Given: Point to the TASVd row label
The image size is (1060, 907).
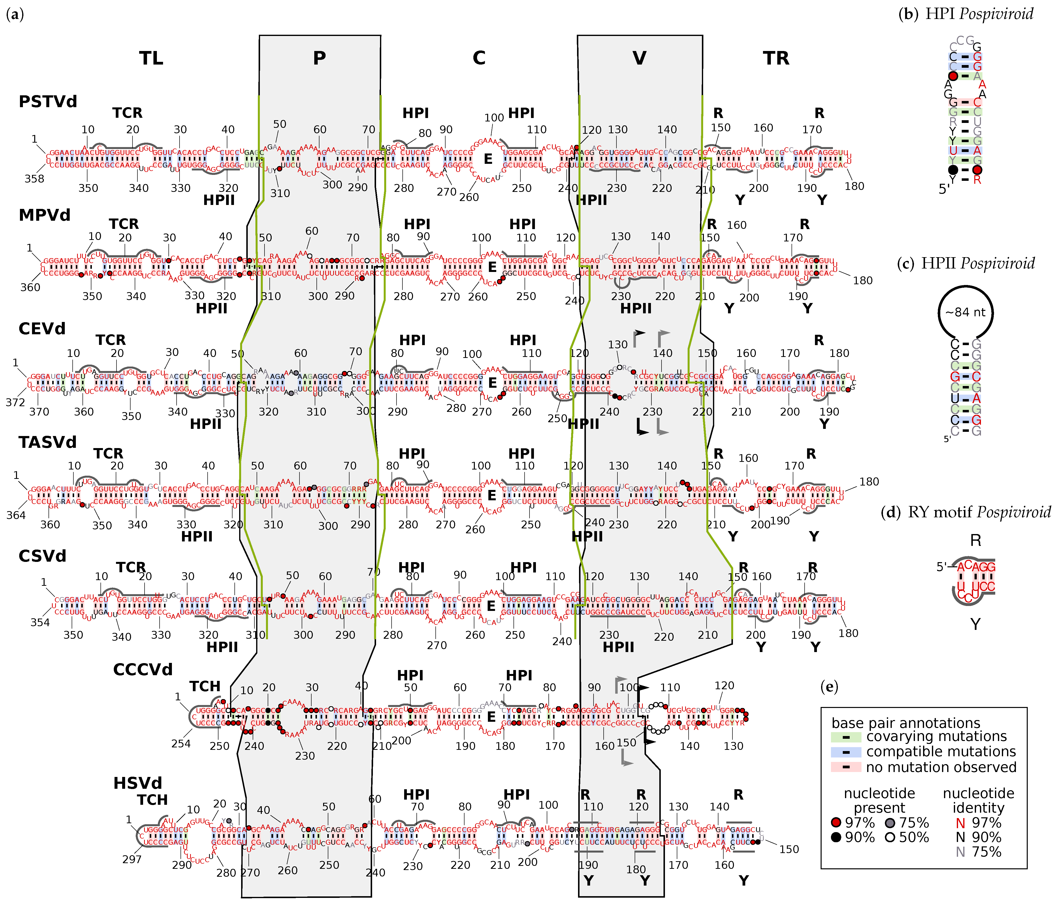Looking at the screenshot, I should pyautogui.click(x=48, y=442).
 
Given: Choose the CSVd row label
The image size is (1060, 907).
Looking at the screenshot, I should pyautogui.click(x=42, y=555).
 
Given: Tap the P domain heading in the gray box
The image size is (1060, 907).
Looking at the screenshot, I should pyautogui.click(x=319, y=58).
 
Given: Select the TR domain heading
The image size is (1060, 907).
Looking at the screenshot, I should pyautogui.click(x=776, y=58).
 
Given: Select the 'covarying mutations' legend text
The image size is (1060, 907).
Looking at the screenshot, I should pyautogui.click(x=936, y=736).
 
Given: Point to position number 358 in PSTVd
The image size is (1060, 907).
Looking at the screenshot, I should pyautogui.click(x=34, y=179).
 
